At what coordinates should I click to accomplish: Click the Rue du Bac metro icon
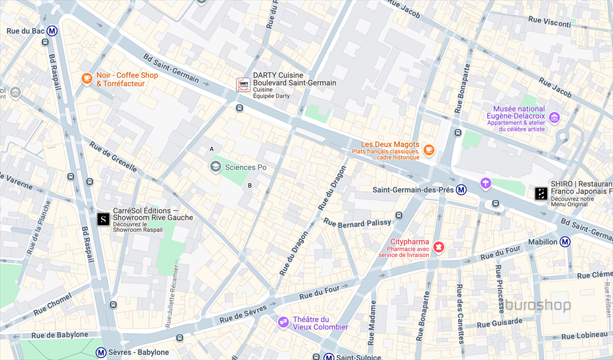53,31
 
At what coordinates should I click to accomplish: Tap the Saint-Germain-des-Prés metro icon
462,190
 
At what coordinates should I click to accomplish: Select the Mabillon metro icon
565,242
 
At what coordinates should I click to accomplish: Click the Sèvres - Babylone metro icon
101,353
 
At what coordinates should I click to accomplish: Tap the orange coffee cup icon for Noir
87,78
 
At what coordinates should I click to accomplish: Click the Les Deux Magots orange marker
428,150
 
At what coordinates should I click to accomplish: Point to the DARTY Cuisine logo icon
243,84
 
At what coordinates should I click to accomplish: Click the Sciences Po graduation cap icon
216,167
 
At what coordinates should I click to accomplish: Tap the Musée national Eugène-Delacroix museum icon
554,117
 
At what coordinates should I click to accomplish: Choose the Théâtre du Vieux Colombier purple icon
283,323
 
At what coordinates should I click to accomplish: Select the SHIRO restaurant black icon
541,193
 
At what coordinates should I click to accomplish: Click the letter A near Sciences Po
211,149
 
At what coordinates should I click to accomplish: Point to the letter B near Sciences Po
250,186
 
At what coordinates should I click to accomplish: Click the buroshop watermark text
538,305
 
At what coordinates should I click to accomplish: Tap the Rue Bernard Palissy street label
357,222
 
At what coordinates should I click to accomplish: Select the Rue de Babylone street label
59,335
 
